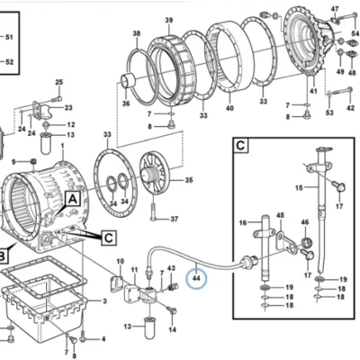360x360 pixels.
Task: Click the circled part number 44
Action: [196, 278]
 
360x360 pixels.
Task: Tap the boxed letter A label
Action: [73, 199]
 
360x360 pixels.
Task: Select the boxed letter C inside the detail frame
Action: [240, 146]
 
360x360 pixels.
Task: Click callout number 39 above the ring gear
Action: [169, 21]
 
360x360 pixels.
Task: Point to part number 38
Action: [137, 33]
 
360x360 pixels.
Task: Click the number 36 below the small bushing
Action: [126, 103]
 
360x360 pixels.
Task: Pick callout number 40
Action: [229, 108]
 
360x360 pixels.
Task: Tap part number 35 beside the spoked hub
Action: [189, 180]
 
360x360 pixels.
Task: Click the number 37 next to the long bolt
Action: [175, 219]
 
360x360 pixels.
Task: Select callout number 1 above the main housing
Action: [63, 146]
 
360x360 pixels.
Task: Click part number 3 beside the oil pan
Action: [104, 301]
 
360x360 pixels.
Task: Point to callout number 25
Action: [59, 82]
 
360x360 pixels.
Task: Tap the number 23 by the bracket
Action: [68, 108]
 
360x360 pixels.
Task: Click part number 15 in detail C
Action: [299, 188]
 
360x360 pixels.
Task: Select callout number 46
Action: [305, 222]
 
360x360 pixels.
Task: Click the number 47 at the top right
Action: [335, 9]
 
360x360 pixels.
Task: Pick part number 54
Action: [355, 33]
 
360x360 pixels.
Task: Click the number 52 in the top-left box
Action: [9, 62]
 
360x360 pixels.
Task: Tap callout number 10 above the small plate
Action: [120, 262]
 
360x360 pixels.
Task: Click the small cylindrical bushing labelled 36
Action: [129, 81]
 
